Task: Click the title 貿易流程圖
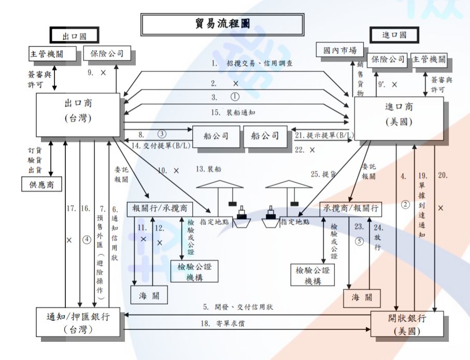(x=222, y=24)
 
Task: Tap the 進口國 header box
(x=394, y=35)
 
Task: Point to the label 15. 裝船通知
(x=240, y=112)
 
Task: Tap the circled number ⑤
(x=357, y=241)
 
